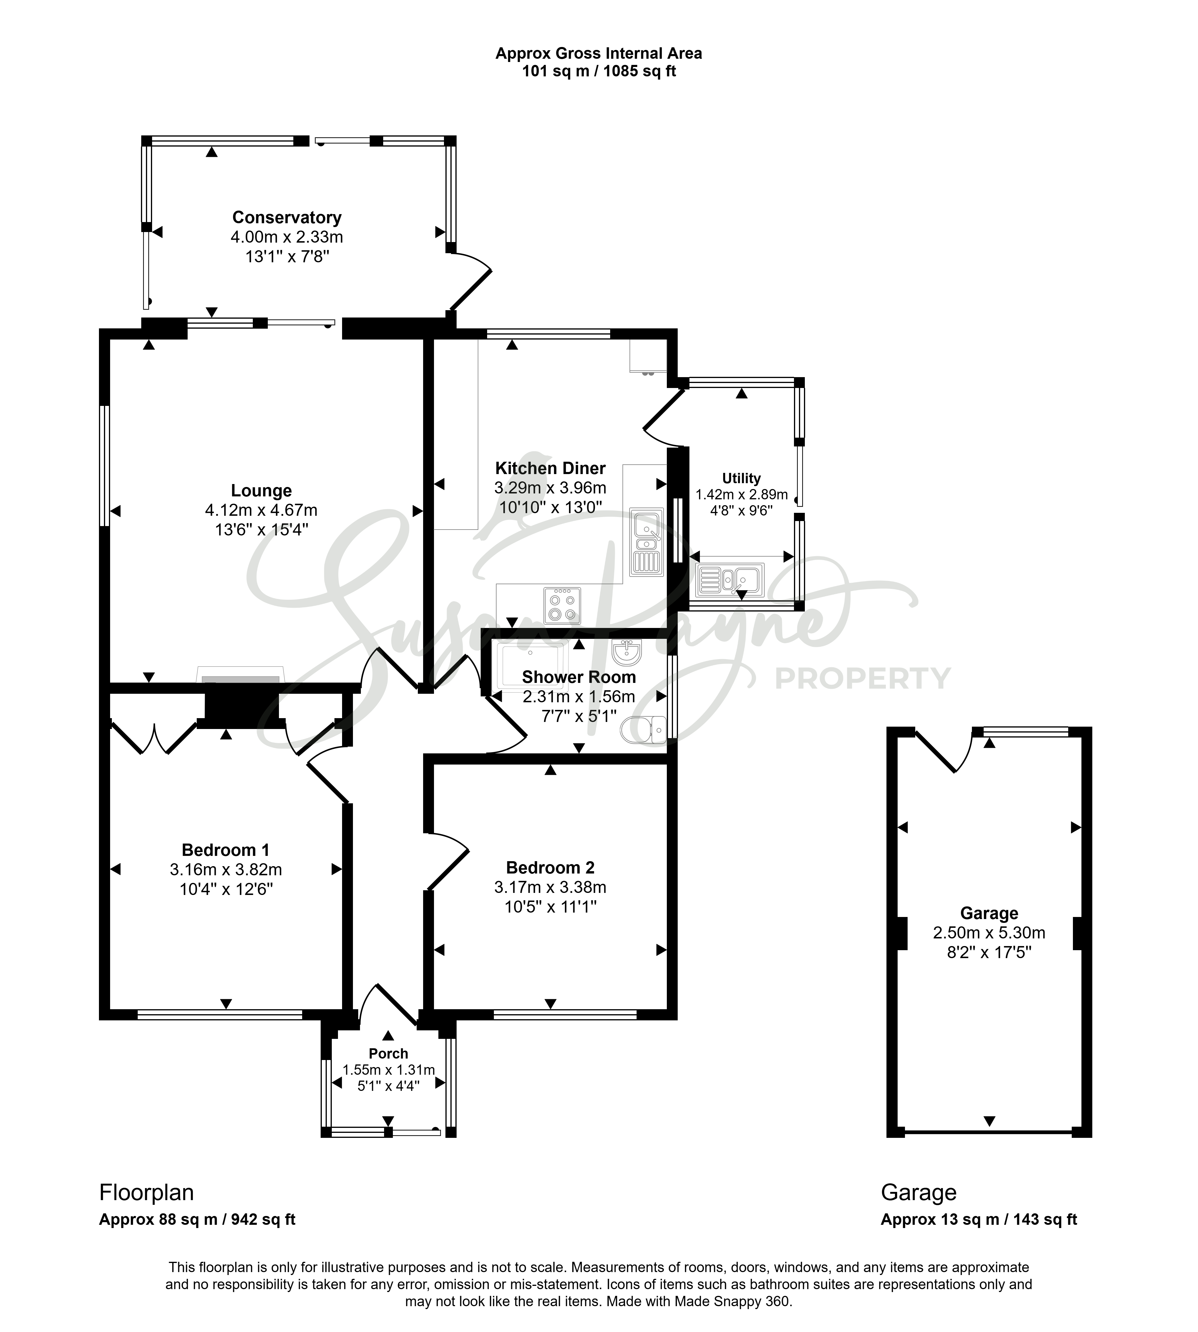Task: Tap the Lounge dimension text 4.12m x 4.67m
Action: pyautogui.click(x=261, y=510)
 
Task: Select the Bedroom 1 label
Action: pyautogui.click(x=226, y=850)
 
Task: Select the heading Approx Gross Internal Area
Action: pyautogui.click(x=599, y=53)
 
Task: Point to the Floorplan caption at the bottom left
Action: pyautogui.click(x=146, y=1192)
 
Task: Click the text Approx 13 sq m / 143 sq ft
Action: pyautogui.click(x=979, y=1220)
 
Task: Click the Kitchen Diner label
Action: pyautogui.click(x=550, y=468)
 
